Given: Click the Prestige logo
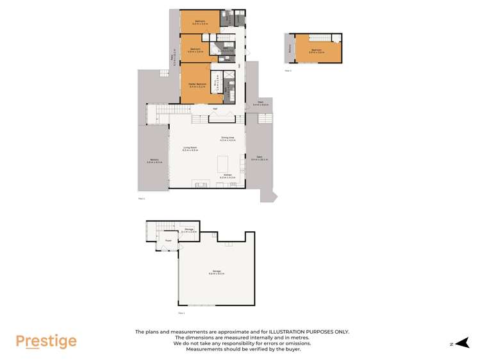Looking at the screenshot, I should point(46,341).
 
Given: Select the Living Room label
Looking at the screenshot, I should point(189,148).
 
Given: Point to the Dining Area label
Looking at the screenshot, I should point(228,138).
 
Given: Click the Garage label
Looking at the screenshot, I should point(216,272).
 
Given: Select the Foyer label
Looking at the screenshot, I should point(168,241).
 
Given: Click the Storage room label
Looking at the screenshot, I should point(189,229).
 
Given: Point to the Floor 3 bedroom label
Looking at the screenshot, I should point(316,50).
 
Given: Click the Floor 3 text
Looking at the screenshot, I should point(288,70).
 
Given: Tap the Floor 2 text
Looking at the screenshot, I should point(142,199).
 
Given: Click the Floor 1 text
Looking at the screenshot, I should point(181,313).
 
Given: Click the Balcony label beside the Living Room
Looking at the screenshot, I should point(154,161).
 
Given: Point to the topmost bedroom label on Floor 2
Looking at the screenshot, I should point(199,22).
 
